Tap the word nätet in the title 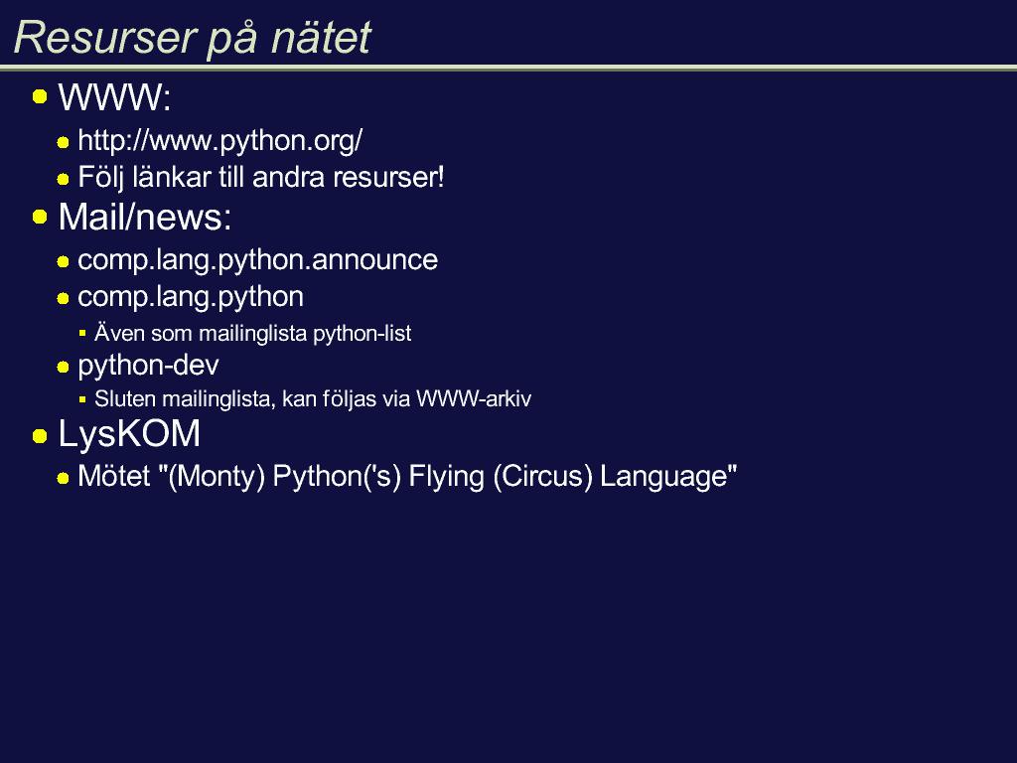coord(321,37)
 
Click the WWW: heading coord(115,97)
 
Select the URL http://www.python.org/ coord(219,141)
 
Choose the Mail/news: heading coord(145,217)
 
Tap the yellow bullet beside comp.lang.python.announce coord(63,262)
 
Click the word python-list coord(362,334)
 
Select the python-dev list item coord(148,366)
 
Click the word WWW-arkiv coord(474,399)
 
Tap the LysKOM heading coord(129,434)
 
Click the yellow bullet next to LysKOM coord(40,436)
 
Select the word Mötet coord(114,476)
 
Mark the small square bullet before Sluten coord(82,400)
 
